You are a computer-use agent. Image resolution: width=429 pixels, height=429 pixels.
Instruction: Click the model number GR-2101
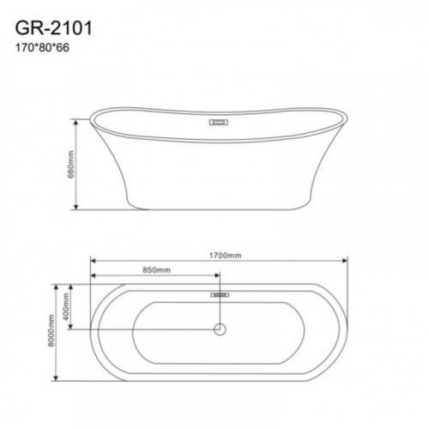pos(53,28)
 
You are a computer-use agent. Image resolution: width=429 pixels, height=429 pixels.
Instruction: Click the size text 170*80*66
pos(42,48)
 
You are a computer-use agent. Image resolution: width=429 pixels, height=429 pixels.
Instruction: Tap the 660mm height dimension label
pos(70,164)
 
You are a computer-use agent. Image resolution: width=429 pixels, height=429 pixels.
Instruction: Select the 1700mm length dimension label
pos(225,255)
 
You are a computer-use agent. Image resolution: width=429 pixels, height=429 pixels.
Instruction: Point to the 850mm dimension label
pos(156,269)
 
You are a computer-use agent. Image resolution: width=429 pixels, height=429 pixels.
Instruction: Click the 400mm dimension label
pos(66,306)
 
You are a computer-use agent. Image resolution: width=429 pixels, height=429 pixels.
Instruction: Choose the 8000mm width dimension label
pos(51,330)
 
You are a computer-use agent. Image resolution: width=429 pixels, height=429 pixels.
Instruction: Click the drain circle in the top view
pos(220,329)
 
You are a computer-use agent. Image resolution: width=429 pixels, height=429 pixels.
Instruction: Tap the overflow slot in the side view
pos(219,123)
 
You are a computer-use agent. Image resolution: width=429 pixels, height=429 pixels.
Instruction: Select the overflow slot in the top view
pos(220,294)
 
